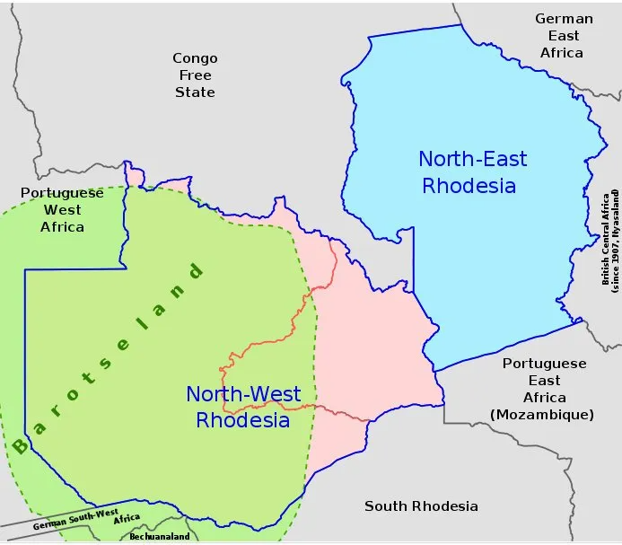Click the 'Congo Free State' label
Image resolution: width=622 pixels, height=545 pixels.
[x=195, y=75]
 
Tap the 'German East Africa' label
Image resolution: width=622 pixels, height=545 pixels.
[x=563, y=36]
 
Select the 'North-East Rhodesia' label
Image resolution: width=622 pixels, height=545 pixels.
[x=472, y=172]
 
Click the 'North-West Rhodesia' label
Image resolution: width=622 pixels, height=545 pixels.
[x=243, y=407]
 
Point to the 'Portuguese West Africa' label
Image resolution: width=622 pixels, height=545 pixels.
[x=62, y=209]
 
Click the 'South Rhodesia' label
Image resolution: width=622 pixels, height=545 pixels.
[x=421, y=506]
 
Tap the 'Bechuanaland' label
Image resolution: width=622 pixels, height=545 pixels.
[x=159, y=536]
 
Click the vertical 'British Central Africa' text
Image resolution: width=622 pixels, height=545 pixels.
[x=609, y=239]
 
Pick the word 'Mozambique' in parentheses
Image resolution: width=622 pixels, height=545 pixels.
[x=542, y=414]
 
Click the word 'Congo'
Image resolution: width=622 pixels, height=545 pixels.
[x=195, y=58]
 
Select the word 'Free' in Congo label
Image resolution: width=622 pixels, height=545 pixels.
[x=195, y=75]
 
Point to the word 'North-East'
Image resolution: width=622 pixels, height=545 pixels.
[x=472, y=160]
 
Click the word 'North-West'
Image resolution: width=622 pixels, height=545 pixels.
[x=243, y=394]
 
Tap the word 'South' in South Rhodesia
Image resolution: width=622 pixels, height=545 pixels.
[x=384, y=506]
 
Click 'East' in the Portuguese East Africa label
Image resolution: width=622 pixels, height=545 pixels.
[x=544, y=381]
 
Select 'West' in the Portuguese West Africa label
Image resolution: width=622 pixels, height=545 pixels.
[x=62, y=209]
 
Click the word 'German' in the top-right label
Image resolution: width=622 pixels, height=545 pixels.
[x=564, y=19]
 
